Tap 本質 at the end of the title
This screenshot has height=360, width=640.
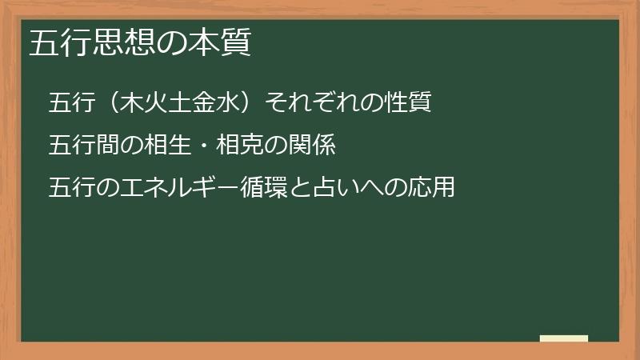[x=226, y=44]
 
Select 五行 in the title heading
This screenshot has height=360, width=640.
[x=57, y=44]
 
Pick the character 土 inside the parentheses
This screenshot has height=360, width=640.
[x=180, y=103]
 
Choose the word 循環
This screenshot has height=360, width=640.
[x=250, y=188]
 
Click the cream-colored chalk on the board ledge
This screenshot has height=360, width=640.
[x=564, y=338]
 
